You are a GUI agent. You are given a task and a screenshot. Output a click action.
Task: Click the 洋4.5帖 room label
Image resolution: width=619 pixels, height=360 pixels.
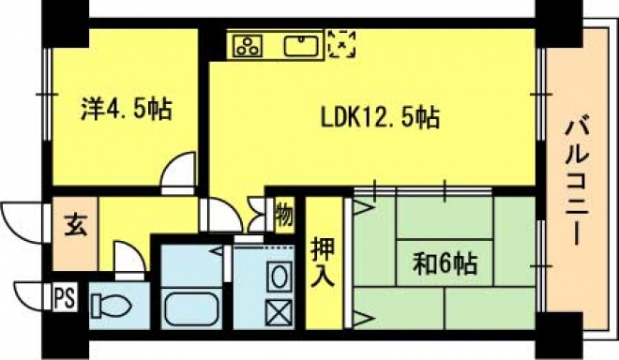click(x=127, y=110)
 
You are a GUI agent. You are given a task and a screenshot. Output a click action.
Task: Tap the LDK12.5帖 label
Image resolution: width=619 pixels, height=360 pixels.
click(x=380, y=117)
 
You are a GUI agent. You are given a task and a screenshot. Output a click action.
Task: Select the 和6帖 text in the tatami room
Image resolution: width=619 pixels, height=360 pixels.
click(x=445, y=263)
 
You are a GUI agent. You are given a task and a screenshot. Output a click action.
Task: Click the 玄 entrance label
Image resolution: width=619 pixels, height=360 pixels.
click(x=75, y=225)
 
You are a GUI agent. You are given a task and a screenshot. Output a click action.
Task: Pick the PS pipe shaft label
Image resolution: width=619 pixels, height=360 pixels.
click(x=65, y=297)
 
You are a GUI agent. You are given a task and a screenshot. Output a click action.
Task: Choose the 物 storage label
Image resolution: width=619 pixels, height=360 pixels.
click(x=284, y=215)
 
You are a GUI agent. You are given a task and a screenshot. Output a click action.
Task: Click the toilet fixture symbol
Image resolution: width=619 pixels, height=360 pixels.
click(x=111, y=305)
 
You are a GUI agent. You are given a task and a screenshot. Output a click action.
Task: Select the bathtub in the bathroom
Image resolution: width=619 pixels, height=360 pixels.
click(x=191, y=308)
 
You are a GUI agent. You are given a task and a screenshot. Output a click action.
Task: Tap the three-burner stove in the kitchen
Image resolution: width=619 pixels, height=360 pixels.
click(x=248, y=46)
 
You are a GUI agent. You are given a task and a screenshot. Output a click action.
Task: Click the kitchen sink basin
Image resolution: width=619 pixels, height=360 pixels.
click(x=302, y=46)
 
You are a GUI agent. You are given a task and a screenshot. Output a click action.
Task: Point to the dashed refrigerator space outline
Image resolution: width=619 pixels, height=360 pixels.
click(x=342, y=44)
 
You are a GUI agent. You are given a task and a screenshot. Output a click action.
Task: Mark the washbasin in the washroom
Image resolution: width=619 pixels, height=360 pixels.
click(x=279, y=276)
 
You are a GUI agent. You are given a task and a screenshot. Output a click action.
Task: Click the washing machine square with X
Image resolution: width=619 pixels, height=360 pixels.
click(x=279, y=312)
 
